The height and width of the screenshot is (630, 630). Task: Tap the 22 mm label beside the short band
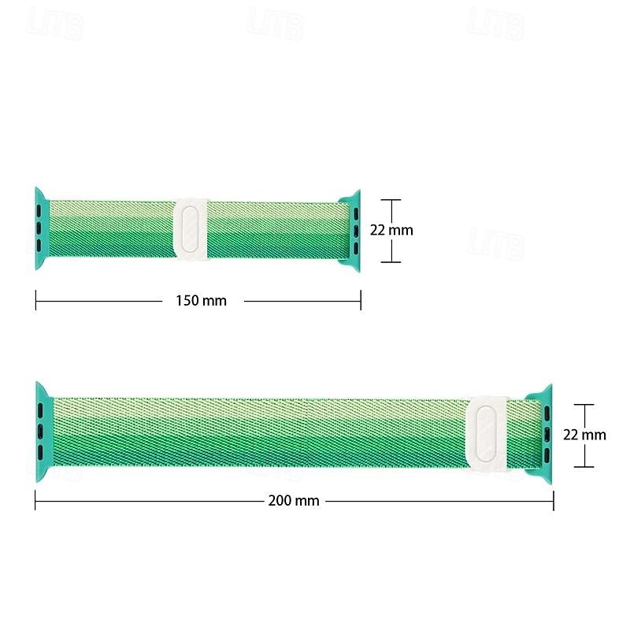pos(391,231)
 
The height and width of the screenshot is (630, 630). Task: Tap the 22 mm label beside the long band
pos(585,435)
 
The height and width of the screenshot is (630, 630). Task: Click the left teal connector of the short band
pos(42,229)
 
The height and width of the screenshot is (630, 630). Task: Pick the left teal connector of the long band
pos(43,432)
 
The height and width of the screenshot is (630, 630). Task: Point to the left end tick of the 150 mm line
pos(35,300)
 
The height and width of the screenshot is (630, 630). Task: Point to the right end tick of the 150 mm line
pos(361,300)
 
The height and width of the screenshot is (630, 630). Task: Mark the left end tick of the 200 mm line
pos(35,500)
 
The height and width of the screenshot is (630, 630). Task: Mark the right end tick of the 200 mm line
pos(554,500)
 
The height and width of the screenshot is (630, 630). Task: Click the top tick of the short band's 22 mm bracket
pos(391,200)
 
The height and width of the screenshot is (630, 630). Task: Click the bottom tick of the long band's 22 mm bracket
pos(584,466)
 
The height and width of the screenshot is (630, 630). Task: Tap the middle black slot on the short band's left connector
pos(38,228)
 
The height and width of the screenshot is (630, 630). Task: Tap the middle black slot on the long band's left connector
pos(39,431)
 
